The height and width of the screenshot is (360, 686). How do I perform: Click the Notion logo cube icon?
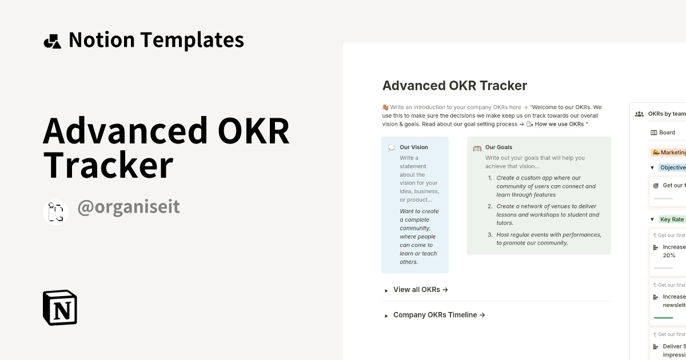point(60,307)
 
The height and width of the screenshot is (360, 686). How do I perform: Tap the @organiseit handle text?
point(129,207)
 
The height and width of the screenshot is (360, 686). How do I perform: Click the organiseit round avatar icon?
point(56,212)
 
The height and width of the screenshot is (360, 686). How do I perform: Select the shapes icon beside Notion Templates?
point(53,41)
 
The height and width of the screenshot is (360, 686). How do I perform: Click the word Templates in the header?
point(192,40)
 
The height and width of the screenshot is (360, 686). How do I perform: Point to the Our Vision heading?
point(414,147)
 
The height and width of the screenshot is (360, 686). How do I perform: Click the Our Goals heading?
point(498,147)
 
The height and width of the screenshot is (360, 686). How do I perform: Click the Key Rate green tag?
point(672,219)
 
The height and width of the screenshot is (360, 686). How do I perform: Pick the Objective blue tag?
point(672,167)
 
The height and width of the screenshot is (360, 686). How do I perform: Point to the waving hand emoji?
point(385,107)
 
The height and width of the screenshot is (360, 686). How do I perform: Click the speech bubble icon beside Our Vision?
point(391,147)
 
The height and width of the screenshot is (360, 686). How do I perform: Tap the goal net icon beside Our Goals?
point(477,148)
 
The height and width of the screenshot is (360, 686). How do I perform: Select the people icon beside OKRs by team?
point(639,114)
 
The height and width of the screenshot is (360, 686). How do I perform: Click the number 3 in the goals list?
point(490,235)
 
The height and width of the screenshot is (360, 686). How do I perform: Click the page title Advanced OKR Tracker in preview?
point(454,86)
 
